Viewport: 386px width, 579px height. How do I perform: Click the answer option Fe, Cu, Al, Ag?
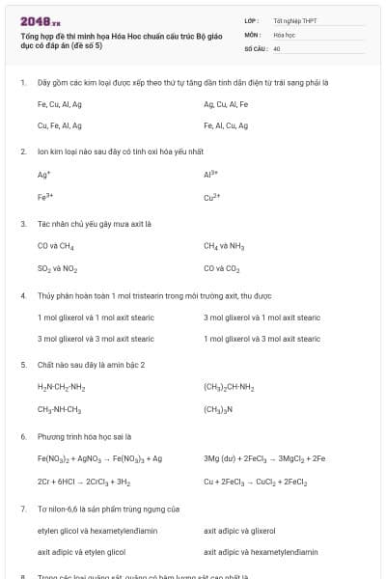click(x=60, y=104)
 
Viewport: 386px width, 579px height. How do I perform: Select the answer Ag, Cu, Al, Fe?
click(x=226, y=104)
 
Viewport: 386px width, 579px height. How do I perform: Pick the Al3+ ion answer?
click(x=212, y=175)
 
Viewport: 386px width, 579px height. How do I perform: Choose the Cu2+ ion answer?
click(x=213, y=196)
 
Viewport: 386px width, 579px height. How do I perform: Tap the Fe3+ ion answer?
click(x=44, y=196)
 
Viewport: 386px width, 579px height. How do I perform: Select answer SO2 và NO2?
click(x=58, y=267)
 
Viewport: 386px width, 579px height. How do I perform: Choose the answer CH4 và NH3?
click(x=224, y=246)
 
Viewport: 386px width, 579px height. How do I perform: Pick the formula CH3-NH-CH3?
click(x=60, y=409)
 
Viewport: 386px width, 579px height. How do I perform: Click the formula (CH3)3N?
click(x=219, y=409)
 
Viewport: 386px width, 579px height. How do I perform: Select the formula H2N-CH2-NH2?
click(x=62, y=388)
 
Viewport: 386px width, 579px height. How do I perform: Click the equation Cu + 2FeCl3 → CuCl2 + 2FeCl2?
click(x=256, y=481)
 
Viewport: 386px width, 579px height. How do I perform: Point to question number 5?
click(x=23, y=365)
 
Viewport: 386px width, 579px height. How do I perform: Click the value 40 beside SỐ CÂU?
click(x=277, y=47)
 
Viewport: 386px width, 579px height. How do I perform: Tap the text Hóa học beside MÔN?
click(x=285, y=34)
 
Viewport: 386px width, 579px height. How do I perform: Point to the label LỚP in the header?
click(x=251, y=20)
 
